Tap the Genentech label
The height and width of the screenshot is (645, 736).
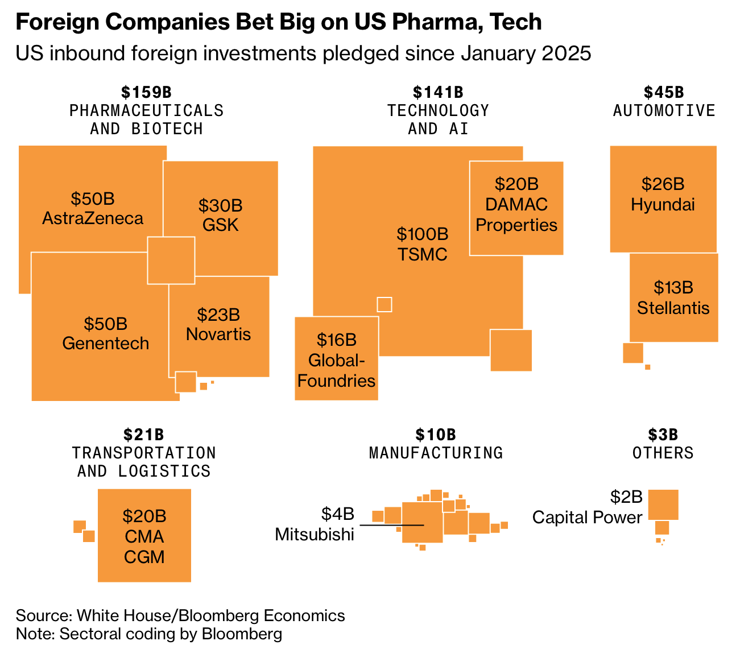105,344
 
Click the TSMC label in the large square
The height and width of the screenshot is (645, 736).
422,254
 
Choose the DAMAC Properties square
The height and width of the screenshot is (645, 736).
516,208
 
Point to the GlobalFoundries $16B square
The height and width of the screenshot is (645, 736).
337,358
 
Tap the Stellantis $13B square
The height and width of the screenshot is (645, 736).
673,297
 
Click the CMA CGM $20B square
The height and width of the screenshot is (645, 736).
144,535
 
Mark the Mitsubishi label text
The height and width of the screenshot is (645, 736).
315,535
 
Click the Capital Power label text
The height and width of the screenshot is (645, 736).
587,518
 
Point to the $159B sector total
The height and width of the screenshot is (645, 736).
146,92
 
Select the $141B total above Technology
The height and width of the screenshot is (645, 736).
438,92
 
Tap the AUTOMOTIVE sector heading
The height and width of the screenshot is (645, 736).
664,110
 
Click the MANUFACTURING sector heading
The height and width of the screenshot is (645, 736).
436,453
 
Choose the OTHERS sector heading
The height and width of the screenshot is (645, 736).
663,453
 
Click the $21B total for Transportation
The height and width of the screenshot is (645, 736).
144,435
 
